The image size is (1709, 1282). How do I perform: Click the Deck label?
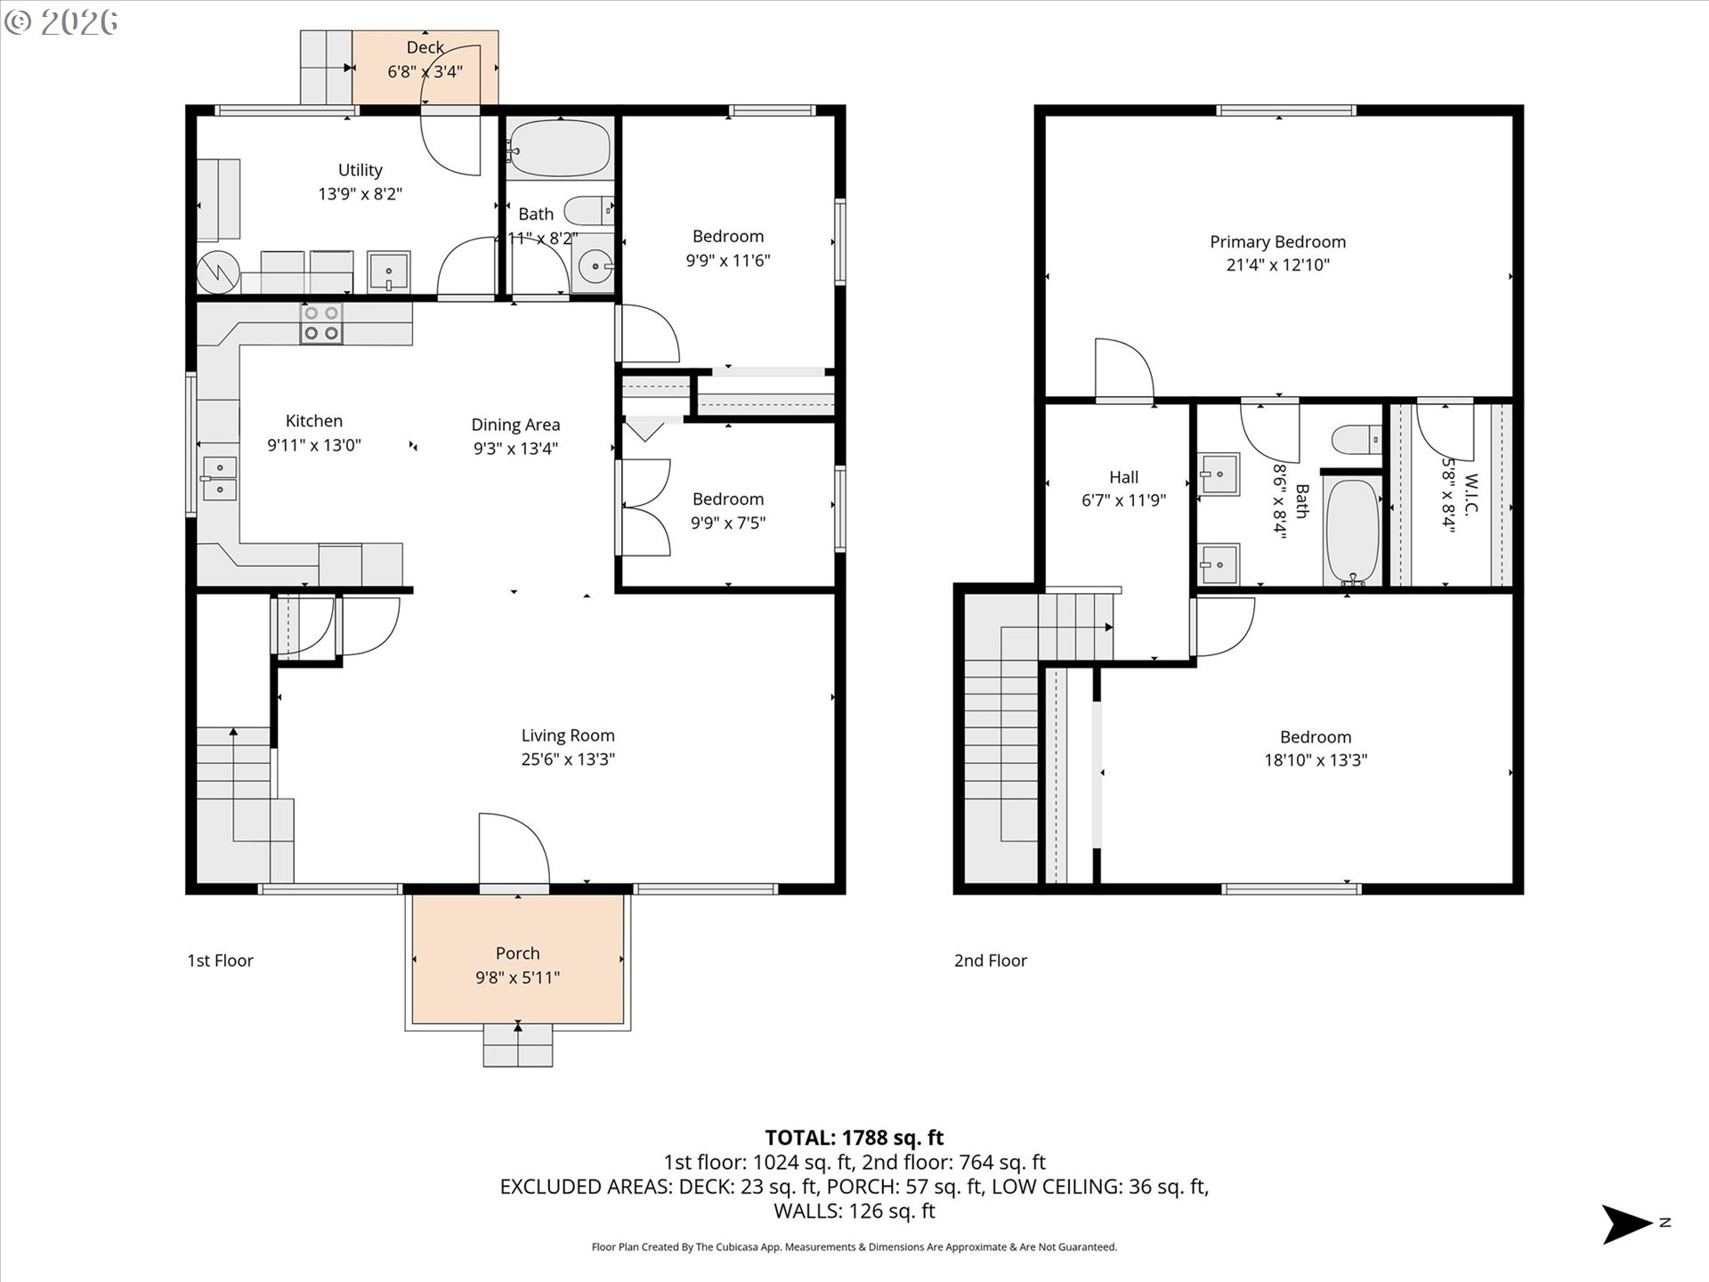tap(425, 47)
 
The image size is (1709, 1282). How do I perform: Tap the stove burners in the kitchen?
tap(321, 323)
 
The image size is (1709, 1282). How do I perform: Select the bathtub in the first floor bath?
tap(560, 148)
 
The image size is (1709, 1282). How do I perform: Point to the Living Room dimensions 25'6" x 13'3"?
tap(568, 759)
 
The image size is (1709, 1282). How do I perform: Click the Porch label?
tap(517, 953)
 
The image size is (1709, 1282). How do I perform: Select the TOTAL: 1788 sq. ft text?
tap(854, 1138)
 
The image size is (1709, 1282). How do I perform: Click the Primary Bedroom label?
tap(1277, 242)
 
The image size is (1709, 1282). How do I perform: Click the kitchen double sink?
tap(219, 478)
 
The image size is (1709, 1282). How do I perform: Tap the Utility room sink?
tap(388, 271)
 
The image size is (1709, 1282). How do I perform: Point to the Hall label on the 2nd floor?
tap(1123, 477)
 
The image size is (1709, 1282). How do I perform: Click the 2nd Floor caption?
tap(991, 961)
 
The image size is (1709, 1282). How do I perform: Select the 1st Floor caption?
tap(220, 961)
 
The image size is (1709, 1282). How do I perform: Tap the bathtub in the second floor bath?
tap(1352, 531)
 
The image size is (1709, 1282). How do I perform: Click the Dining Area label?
tap(515, 425)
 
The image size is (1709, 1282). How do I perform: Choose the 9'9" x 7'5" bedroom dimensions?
tap(728, 523)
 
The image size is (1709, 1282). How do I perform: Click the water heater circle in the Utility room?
tap(218, 272)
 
